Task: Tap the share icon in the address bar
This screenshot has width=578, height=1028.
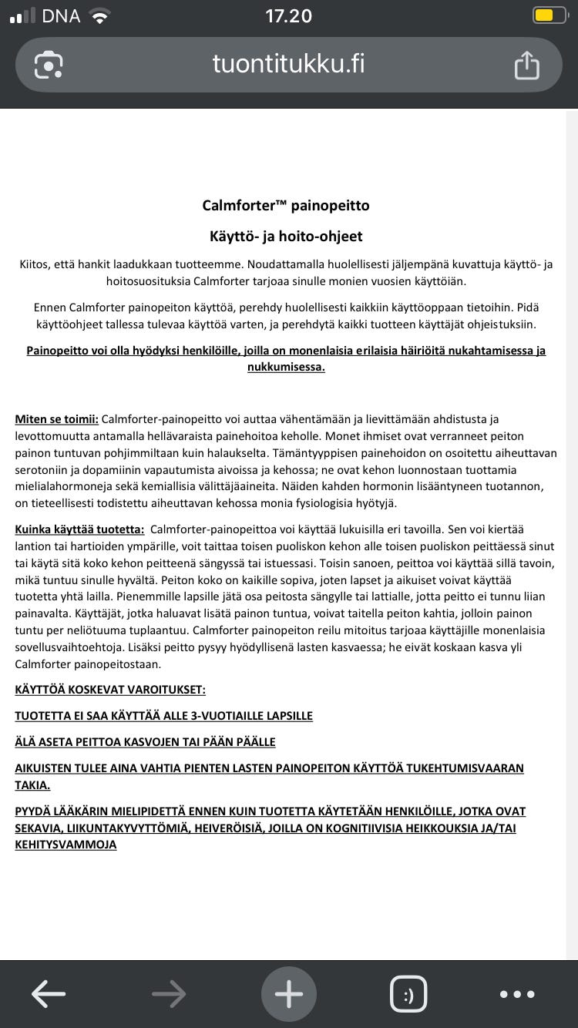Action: [x=526, y=65]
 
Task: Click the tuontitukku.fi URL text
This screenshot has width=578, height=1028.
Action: [x=288, y=64]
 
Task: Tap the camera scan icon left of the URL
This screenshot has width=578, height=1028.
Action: [x=49, y=65]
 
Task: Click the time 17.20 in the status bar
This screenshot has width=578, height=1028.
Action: [x=288, y=15]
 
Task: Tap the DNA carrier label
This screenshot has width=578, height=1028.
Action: [x=61, y=15]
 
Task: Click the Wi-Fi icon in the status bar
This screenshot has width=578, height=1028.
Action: [x=99, y=15]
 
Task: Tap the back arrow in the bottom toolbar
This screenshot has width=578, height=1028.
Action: [x=49, y=994]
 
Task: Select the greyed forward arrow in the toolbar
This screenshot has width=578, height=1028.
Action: [x=169, y=994]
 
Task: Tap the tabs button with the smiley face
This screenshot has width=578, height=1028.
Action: [x=408, y=994]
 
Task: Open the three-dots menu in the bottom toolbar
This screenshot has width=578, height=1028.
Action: [x=516, y=994]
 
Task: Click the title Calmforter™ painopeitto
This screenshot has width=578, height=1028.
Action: [x=286, y=206]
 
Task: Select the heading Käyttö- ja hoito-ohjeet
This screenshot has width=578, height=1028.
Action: [x=286, y=237]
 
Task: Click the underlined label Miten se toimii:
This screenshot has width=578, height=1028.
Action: [x=56, y=419]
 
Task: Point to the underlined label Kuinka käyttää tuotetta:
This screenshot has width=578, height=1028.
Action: [x=79, y=529]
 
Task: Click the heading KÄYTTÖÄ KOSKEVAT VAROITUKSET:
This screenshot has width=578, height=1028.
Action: [x=110, y=690]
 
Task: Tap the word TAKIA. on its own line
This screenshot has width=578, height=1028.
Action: [x=32, y=784]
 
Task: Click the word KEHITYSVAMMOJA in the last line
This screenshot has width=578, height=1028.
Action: [x=66, y=845]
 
